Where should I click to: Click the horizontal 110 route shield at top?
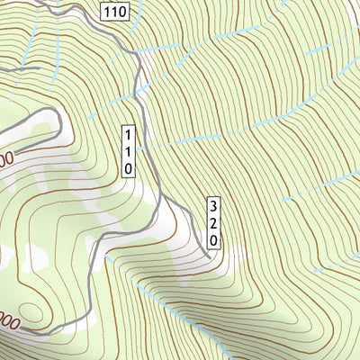click(x=114, y=12)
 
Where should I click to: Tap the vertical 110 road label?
click(x=130, y=149)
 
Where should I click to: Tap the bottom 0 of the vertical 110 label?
click(x=130, y=167)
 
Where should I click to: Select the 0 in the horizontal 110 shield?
click(x=121, y=12)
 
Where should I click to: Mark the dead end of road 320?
click(x=207, y=257)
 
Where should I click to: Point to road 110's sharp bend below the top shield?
click(x=137, y=56)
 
